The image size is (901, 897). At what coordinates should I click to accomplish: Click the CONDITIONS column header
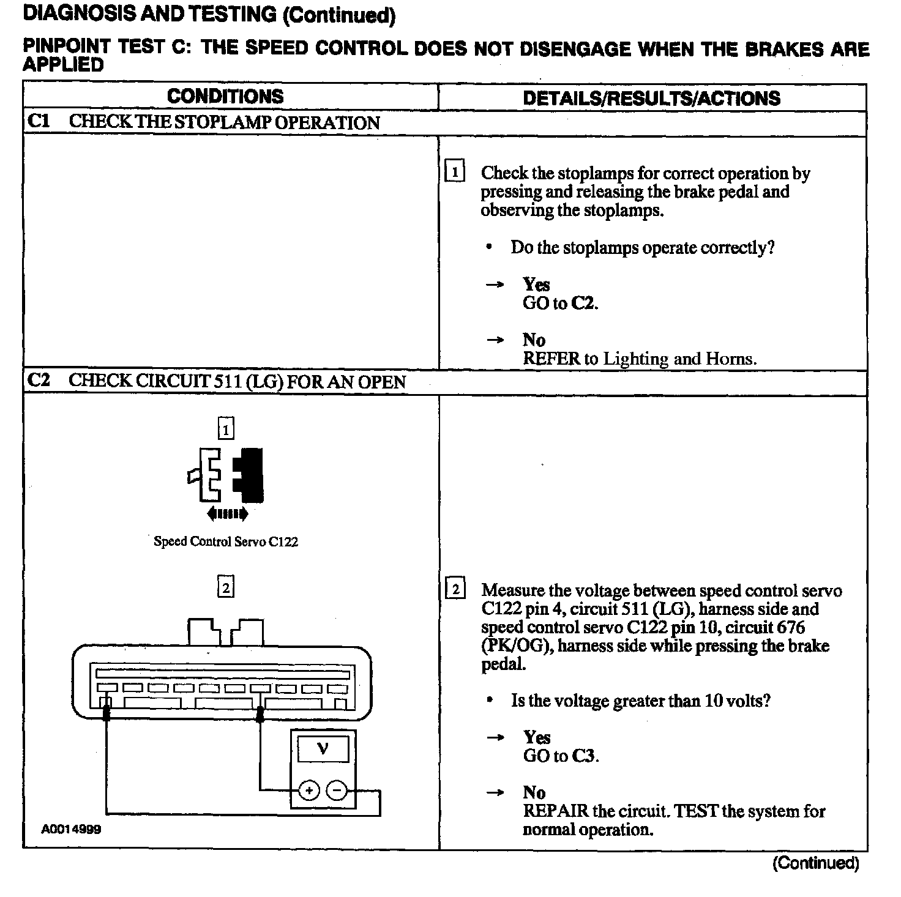[225, 97]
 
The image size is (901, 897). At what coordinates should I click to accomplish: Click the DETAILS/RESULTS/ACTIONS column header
[651, 99]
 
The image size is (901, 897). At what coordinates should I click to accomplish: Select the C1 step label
[38, 121]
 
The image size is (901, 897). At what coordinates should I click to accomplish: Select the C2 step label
[38, 381]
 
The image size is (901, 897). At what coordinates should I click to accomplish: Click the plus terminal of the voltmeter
[309, 791]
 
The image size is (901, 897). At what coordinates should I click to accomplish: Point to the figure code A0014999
[72, 830]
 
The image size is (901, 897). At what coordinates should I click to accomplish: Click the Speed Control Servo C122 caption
[226, 542]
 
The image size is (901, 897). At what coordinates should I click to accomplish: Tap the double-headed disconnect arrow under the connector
[228, 513]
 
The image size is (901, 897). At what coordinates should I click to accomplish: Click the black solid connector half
[249, 476]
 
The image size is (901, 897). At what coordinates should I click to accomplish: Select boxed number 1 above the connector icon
[226, 430]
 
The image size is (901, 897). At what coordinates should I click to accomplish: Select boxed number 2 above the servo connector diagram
[226, 588]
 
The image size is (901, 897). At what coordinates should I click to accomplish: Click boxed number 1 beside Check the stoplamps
[455, 173]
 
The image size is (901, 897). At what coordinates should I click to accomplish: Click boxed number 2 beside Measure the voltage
[455, 590]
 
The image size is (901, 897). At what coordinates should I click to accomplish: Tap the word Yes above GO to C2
[536, 285]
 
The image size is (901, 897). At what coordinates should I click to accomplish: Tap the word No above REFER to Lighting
[534, 340]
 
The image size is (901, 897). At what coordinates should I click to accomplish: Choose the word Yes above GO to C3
[537, 737]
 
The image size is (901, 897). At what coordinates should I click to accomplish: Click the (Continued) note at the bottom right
[815, 863]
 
